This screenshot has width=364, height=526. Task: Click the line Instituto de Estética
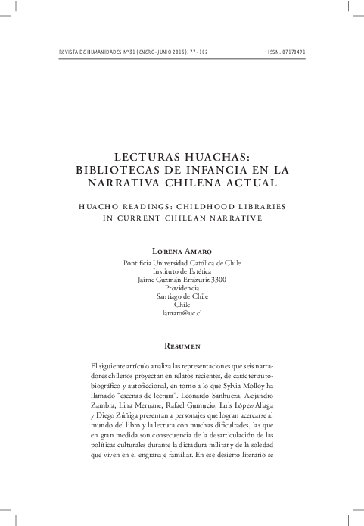click(x=182, y=270)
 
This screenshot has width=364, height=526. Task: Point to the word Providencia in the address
click(x=182, y=290)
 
